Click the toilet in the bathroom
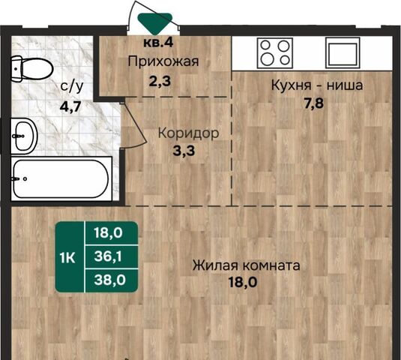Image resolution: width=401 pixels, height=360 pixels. click(x=31, y=69)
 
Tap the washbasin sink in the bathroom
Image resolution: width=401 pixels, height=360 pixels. click(x=24, y=136)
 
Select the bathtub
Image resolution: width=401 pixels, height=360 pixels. click(x=61, y=178)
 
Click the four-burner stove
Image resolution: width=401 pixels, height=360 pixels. click(x=275, y=53)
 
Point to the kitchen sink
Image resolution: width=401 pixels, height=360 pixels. click(x=343, y=53)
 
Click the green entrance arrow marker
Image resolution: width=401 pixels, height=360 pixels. click(x=154, y=23)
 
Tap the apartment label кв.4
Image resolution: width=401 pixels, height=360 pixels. click(x=158, y=43)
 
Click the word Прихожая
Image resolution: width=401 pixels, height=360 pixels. click(x=163, y=61)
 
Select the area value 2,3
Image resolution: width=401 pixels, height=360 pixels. click(x=160, y=81)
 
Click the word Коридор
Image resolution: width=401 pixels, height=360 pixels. click(x=188, y=133)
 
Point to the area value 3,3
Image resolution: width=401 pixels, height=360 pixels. click(x=184, y=151)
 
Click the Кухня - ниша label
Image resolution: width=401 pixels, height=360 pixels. click(x=317, y=85)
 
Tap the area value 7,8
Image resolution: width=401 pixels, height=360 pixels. click(x=314, y=103)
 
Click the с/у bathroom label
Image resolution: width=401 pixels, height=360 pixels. click(x=72, y=87)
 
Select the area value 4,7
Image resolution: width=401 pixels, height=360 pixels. click(x=70, y=106)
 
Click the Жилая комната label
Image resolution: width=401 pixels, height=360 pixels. click(x=247, y=265)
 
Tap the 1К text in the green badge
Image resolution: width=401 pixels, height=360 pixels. click(x=67, y=258)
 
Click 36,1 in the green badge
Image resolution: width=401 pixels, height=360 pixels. click(x=108, y=256)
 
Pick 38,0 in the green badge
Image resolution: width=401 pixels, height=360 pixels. click(x=110, y=280)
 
